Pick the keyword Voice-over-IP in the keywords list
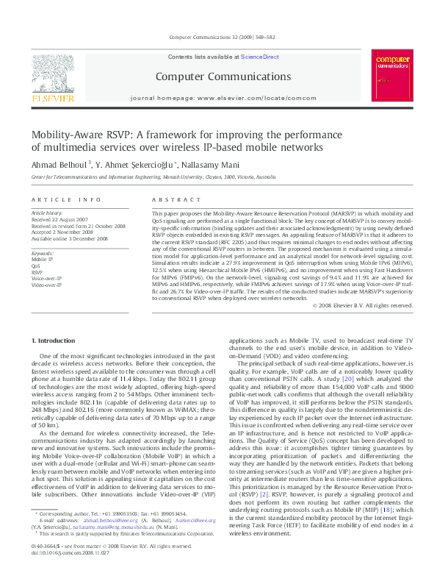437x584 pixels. click(x=46, y=278)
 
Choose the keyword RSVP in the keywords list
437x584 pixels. click(x=37, y=272)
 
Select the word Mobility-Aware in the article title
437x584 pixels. click(x=67, y=135)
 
